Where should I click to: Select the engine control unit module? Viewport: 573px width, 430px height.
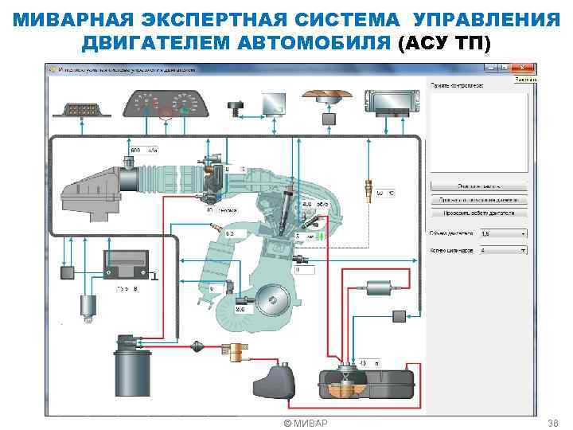coord(392,100)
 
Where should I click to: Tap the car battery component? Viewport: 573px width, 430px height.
coord(126,264)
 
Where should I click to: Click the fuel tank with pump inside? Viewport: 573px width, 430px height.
coord(365,384)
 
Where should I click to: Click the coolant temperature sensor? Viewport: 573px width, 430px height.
coord(367,192)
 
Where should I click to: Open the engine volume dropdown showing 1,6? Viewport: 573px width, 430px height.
coord(501,234)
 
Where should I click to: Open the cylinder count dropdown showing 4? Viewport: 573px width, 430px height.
coord(501,250)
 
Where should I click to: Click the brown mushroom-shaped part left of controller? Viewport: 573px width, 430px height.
coord(327,95)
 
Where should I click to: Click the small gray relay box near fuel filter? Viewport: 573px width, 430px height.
coord(399,317)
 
